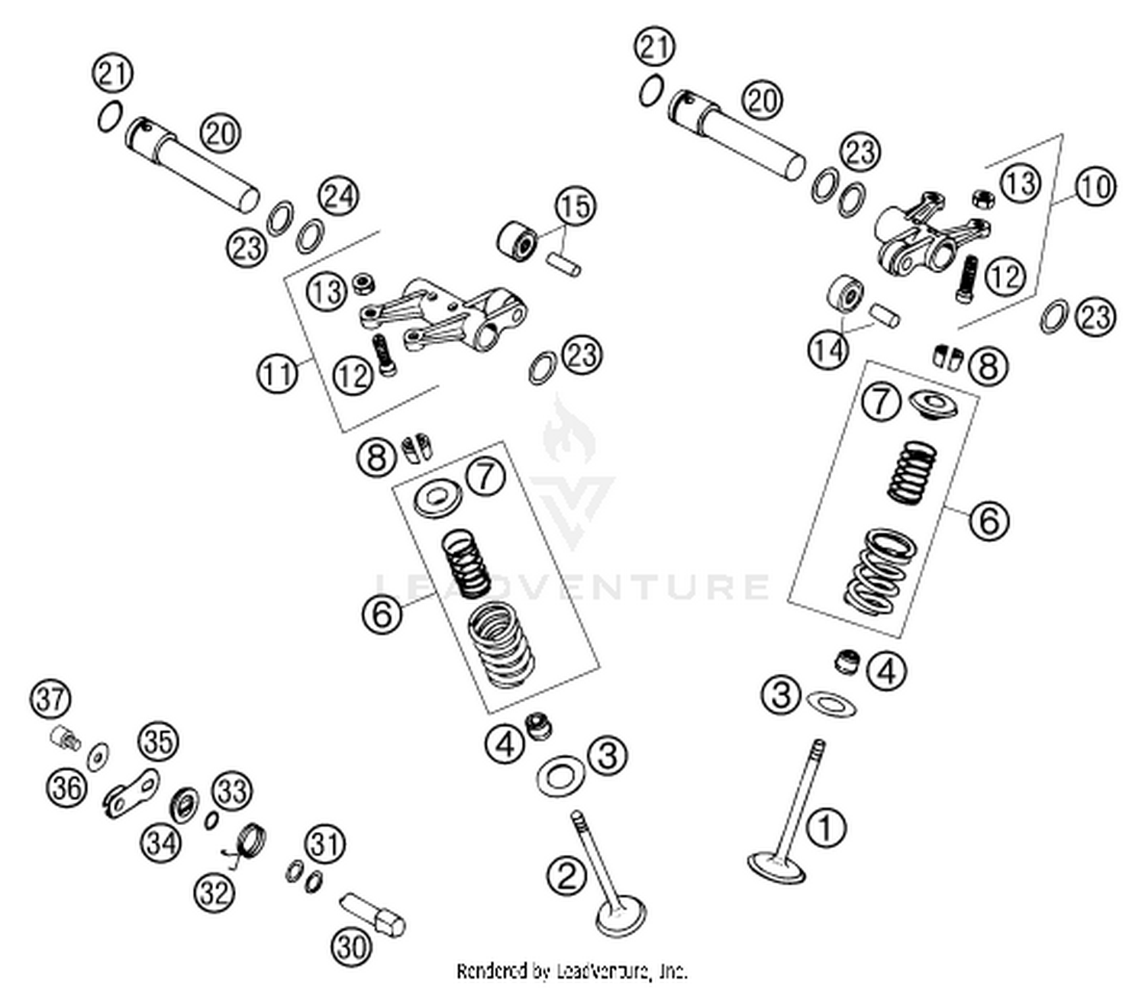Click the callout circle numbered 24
coord(339,196)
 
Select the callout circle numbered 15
coord(576,206)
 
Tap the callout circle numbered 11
coord(277,374)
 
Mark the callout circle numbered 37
coord(51,700)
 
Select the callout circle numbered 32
coord(215,894)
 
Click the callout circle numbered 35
coord(159,743)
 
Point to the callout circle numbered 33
coord(232,791)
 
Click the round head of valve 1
coord(777,866)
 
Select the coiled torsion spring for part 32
coord(247,844)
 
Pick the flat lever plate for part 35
coord(131,793)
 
